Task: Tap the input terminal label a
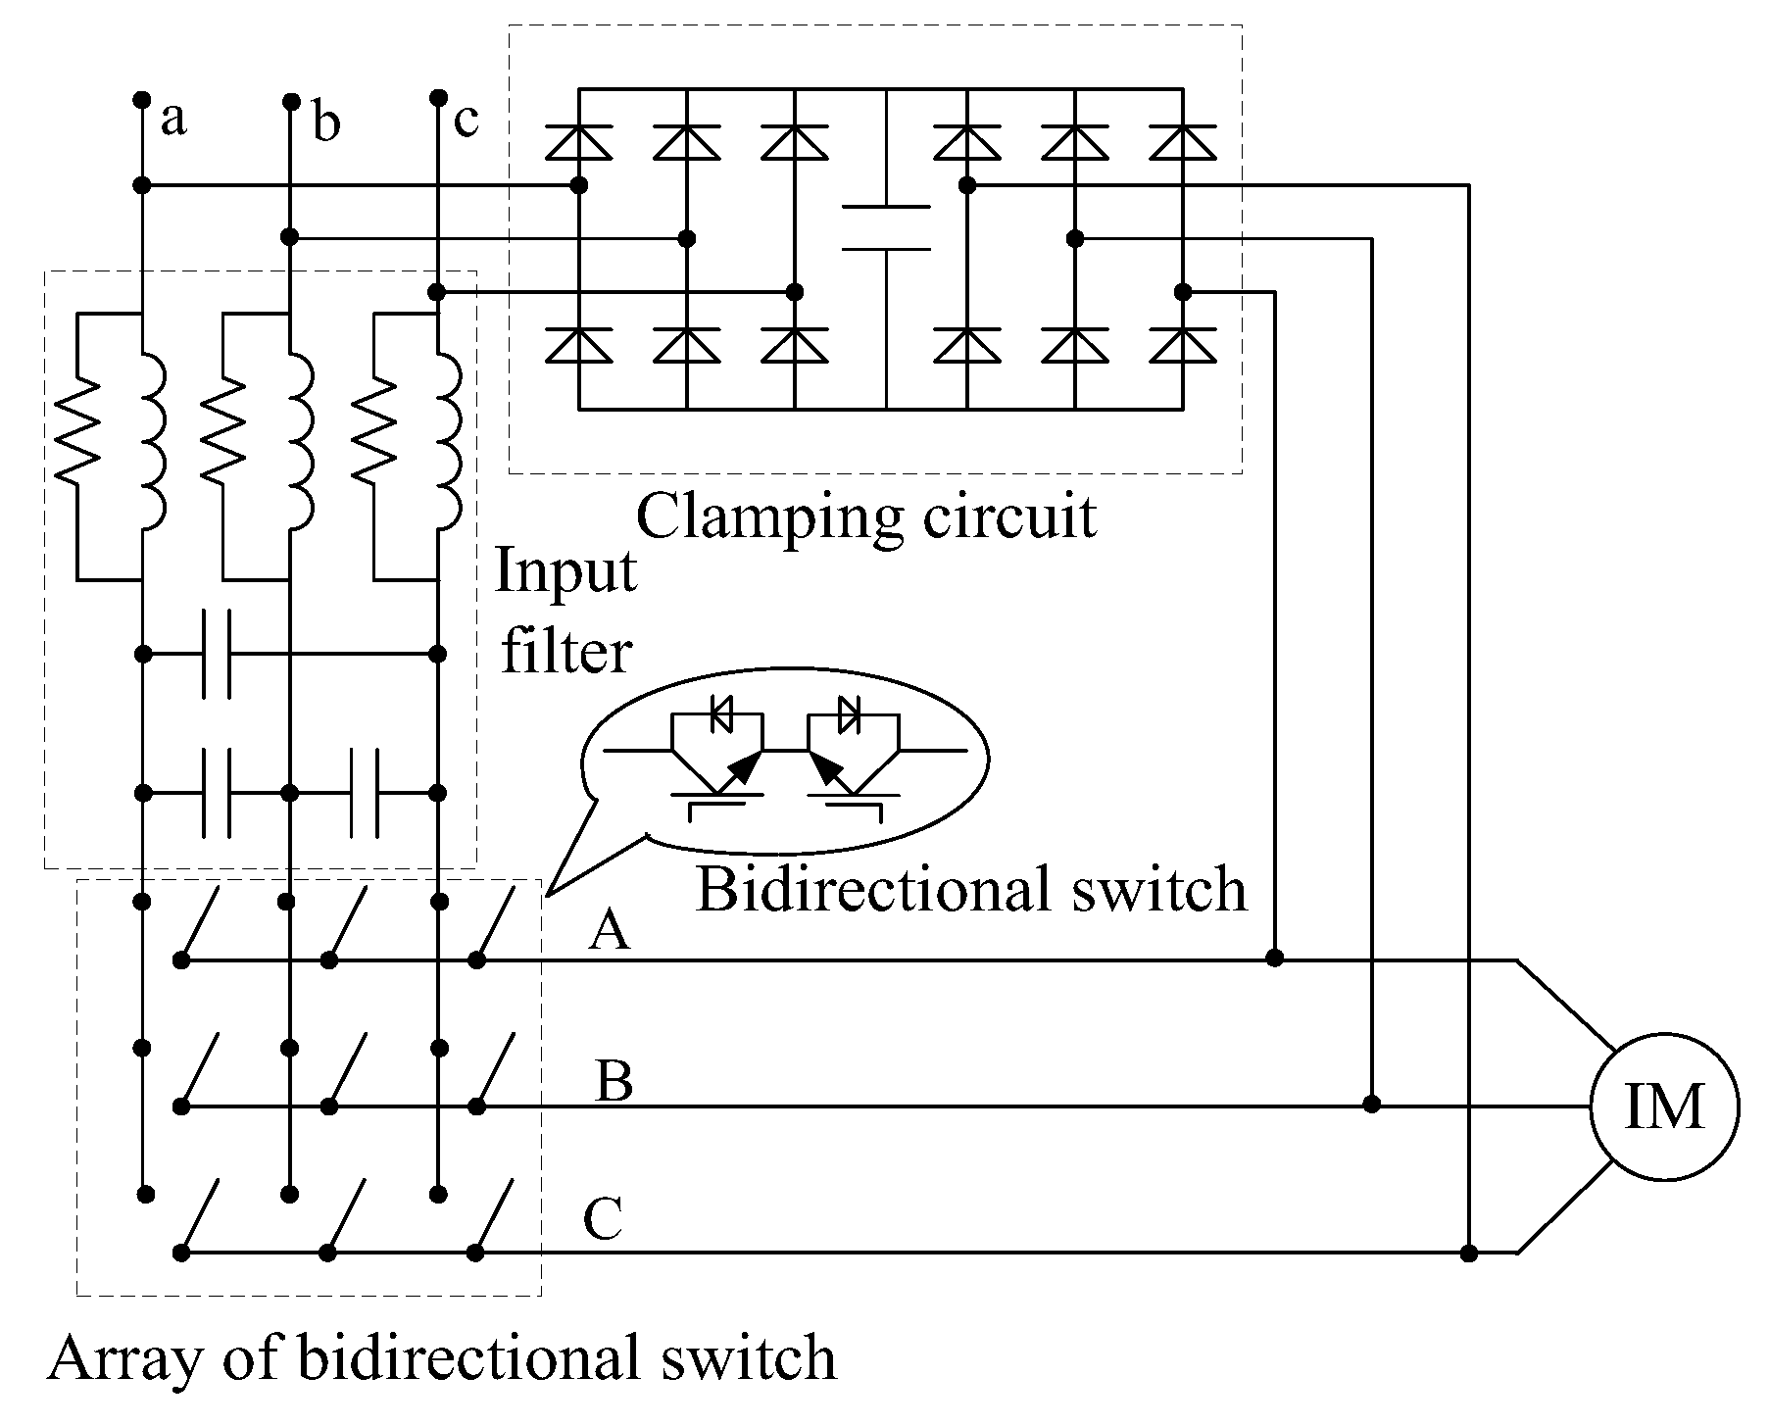click(x=172, y=120)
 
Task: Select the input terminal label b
click(x=326, y=124)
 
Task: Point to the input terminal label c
click(x=466, y=120)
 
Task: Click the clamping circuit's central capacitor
click(x=885, y=227)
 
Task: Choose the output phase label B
click(x=613, y=1082)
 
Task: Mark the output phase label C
click(x=603, y=1221)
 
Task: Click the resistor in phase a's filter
click(x=77, y=431)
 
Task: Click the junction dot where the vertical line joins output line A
click(x=1274, y=958)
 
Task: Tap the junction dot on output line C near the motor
click(x=1468, y=1253)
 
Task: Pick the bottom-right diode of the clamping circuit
click(x=1183, y=345)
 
